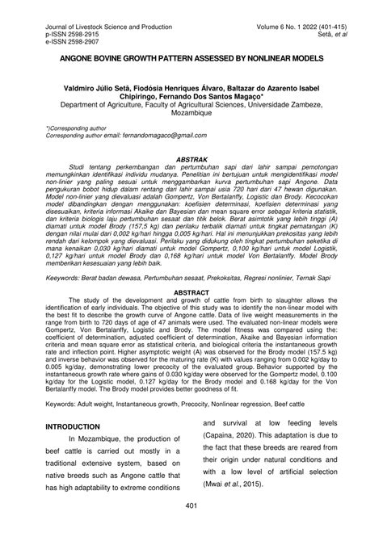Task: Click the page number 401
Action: [191, 528]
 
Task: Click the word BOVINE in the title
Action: [125, 59]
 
